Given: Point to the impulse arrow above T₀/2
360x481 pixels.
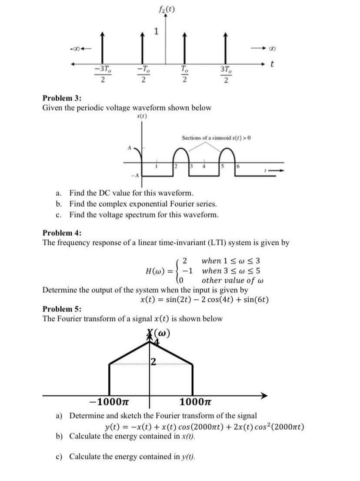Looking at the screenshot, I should click(x=184, y=48).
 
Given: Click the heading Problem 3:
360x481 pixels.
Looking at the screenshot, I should click(x=60, y=98).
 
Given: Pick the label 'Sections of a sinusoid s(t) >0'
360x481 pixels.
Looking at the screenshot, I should click(x=217, y=138).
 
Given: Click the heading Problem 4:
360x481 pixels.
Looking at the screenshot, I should click(x=60, y=233).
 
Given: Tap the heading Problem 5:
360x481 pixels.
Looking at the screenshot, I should click(x=60, y=309).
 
